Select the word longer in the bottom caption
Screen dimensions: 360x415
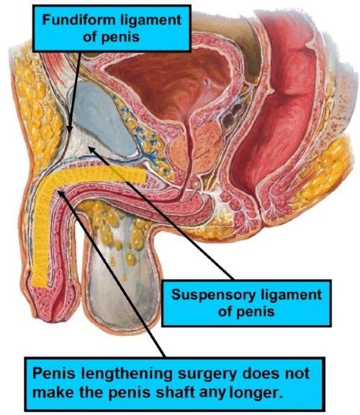click(255, 393)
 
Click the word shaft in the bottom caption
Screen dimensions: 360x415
click(175, 392)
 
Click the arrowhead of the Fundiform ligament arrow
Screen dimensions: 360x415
click(69, 129)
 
